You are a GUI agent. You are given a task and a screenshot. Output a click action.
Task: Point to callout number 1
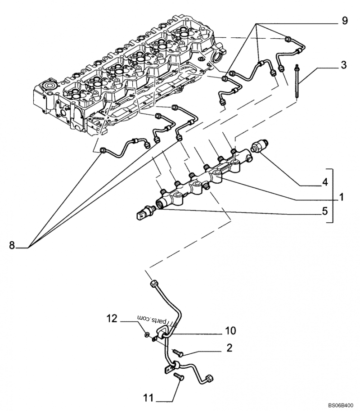point(342,197)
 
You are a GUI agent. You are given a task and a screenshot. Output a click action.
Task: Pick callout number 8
point(12,245)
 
